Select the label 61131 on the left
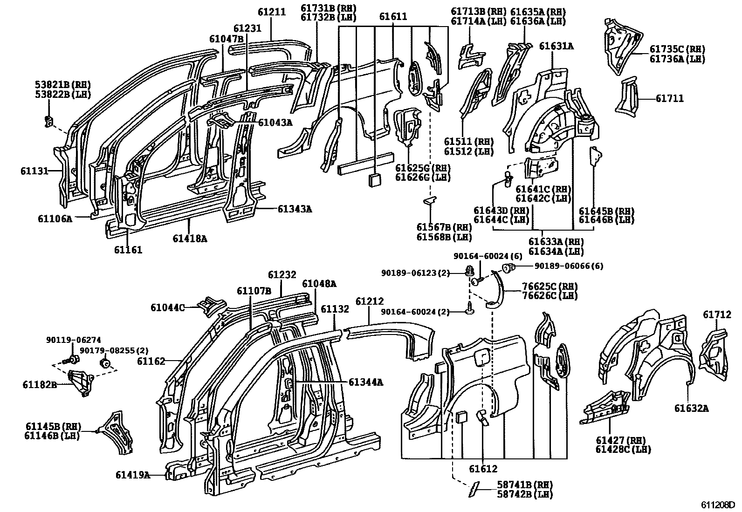tap(34, 171)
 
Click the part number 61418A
tap(189, 239)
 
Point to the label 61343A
tap(295, 209)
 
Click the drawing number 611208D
tap(718, 505)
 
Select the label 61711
tap(670, 98)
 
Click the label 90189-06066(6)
tap(569, 266)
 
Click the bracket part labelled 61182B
tap(80, 382)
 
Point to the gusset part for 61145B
tap(117, 432)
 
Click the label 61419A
tap(133, 475)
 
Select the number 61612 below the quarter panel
tap(483, 469)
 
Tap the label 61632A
tap(691, 408)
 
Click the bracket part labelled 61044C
tap(211, 307)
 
